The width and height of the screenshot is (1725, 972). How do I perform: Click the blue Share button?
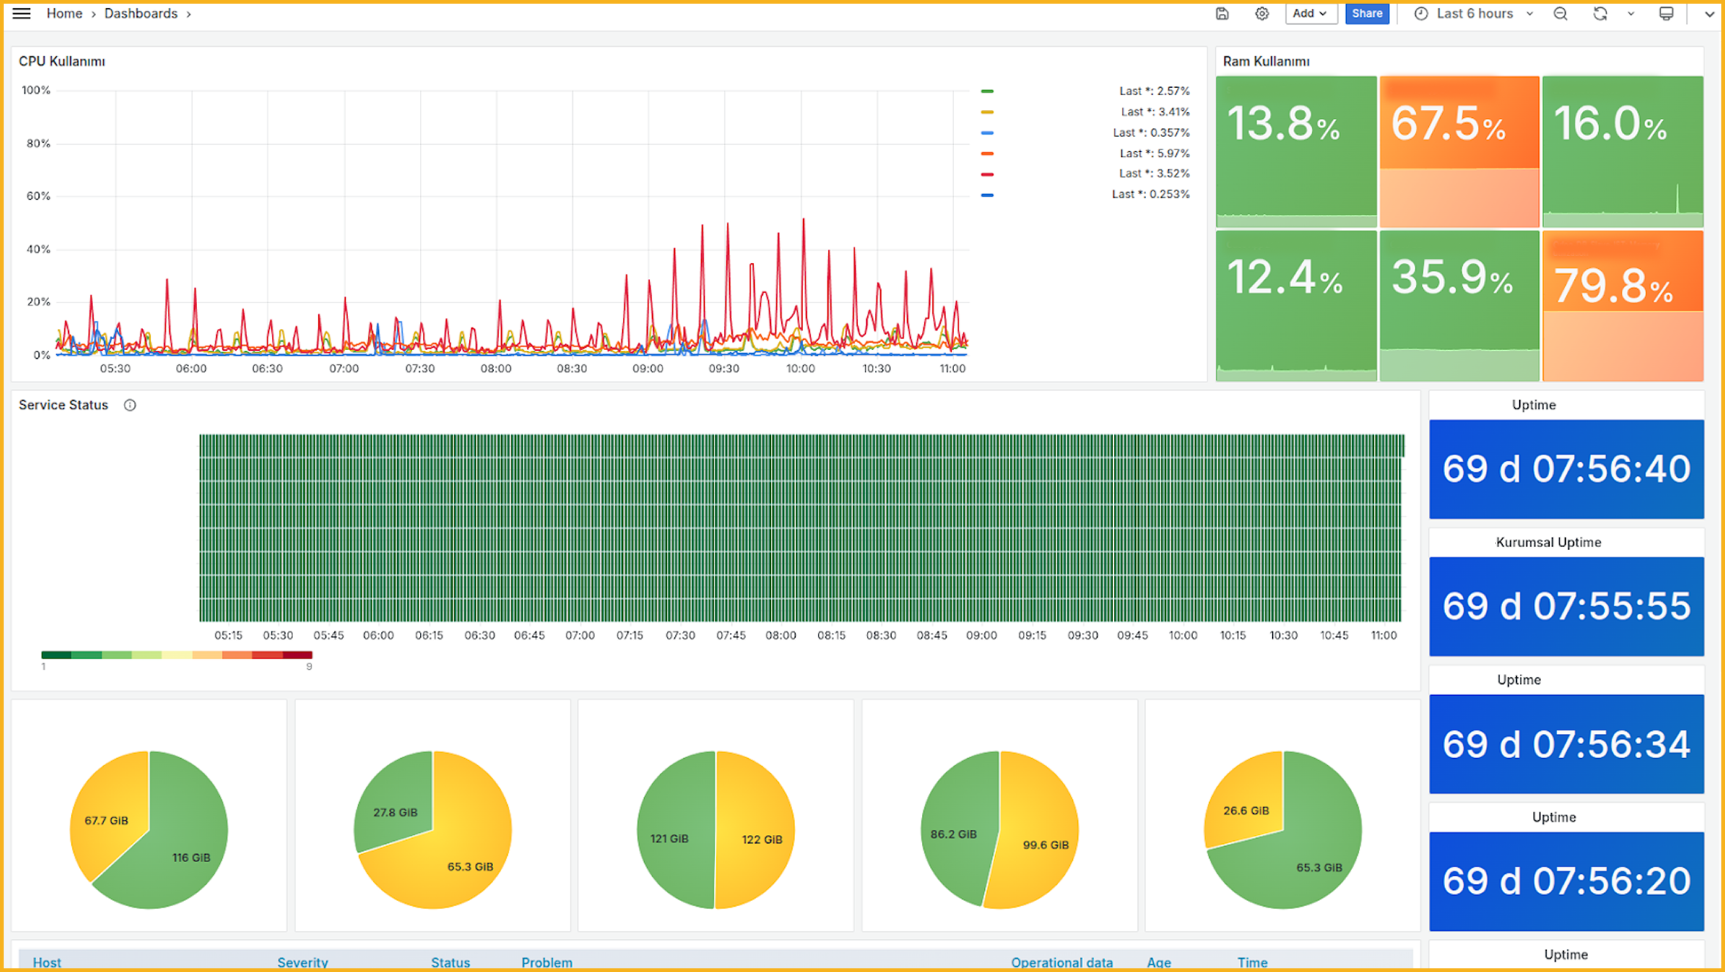click(x=1367, y=13)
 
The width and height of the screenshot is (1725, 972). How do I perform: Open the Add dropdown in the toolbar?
click(x=1310, y=13)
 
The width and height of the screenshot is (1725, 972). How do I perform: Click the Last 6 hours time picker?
click(x=1474, y=13)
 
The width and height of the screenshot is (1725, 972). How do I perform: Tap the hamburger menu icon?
click(x=21, y=13)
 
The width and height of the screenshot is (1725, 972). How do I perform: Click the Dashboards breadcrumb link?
click(x=141, y=13)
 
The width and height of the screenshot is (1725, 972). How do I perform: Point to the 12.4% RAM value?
click(x=1284, y=278)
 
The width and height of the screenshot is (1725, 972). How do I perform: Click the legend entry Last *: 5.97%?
click(x=1154, y=153)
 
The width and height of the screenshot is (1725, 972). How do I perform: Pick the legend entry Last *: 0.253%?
click(x=1150, y=194)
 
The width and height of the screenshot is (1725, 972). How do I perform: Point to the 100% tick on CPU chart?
click(x=36, y=90)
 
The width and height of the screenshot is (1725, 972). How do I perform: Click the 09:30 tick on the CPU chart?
click(x=724, y=368)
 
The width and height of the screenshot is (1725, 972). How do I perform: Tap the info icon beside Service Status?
click(x=130, y=405)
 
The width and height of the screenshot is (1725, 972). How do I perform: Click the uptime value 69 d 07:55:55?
click(x=1566, y=606)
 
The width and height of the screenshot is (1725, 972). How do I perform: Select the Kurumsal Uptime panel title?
click(x=1548, y=542)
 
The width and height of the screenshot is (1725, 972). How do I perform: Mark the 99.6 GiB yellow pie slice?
click(x=1041, y=842)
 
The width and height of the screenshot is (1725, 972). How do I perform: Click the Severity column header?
click(x=302, y=962)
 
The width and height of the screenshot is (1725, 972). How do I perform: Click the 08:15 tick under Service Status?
click(x=831, y=635)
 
